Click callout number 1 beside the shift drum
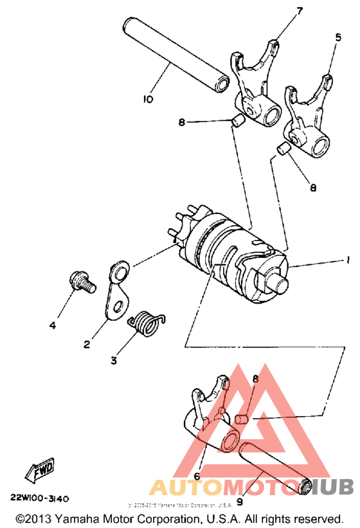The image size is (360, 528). tap(347, 260)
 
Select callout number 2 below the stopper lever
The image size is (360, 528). tap(87, 344)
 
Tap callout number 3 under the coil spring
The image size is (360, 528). tap(114, 360)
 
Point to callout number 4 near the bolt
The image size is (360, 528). tap(53, 325)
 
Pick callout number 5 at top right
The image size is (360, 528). tap(339, 37)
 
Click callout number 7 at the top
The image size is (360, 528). tap(300, 11)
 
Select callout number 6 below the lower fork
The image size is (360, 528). tap(197, 477)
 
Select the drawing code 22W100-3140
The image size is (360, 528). tap(39, 498)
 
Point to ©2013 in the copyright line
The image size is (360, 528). tap(30, 518)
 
